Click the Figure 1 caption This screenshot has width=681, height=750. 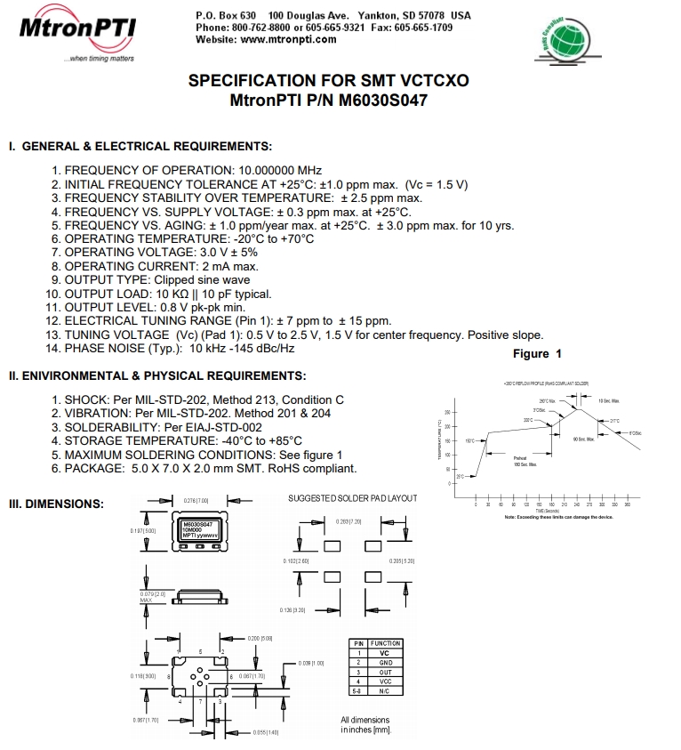[x=537, y=354]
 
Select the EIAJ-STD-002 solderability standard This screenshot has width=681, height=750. [x=227, y=427]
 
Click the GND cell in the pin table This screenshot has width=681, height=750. [x=384, y=663]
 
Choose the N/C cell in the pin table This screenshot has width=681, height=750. [x=384, y=690]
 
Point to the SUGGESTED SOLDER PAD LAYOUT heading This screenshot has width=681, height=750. [x=352, y=498]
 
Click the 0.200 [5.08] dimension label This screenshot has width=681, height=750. [x=247, y=639]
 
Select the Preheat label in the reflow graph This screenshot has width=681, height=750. [x=521, y=460]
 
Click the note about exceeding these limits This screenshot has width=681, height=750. [x=558, y=518]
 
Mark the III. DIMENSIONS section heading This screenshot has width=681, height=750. [x=56, y=504]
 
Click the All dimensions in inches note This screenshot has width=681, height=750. [x=365, y=725]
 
